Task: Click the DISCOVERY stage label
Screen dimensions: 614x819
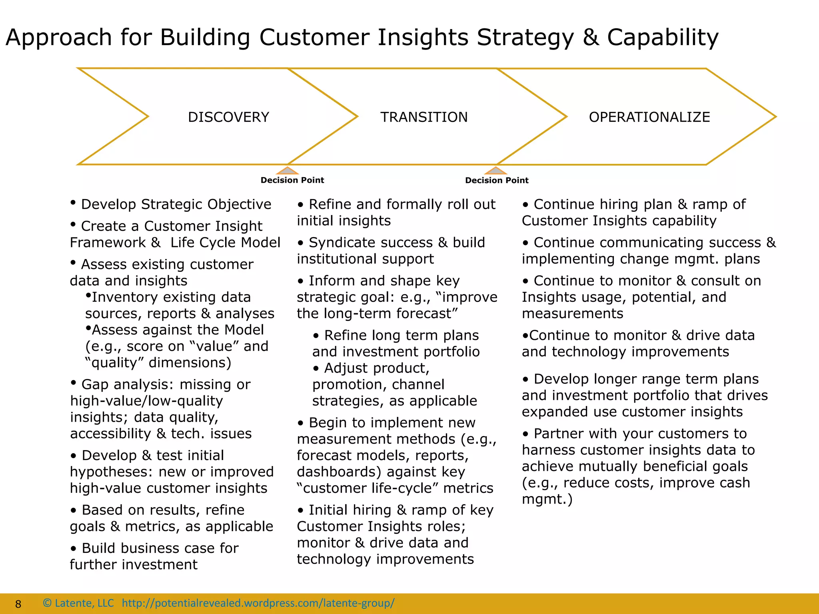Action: tap(228, 117)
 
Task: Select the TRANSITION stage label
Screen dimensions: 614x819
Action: tap(424, 117)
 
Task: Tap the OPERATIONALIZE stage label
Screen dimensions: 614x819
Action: tap(649, 117)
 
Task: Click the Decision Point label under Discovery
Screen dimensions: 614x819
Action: tap(292, 180)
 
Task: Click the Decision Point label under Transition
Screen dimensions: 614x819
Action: tap(497, 180)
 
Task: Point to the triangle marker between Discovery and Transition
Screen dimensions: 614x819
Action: tap(287, 171)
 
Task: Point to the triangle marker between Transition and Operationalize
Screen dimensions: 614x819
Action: tap(496, 171)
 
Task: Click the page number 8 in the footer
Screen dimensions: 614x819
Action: tap(18, 604)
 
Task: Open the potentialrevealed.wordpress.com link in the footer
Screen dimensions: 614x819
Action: tap(258, 603)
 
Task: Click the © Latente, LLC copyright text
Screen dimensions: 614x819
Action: tap(78, 603)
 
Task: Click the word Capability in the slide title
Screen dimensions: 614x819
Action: tap(663, 38)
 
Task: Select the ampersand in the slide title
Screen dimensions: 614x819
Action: tap(590, 38)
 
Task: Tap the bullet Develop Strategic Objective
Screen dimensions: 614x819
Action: tap(176, 204)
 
